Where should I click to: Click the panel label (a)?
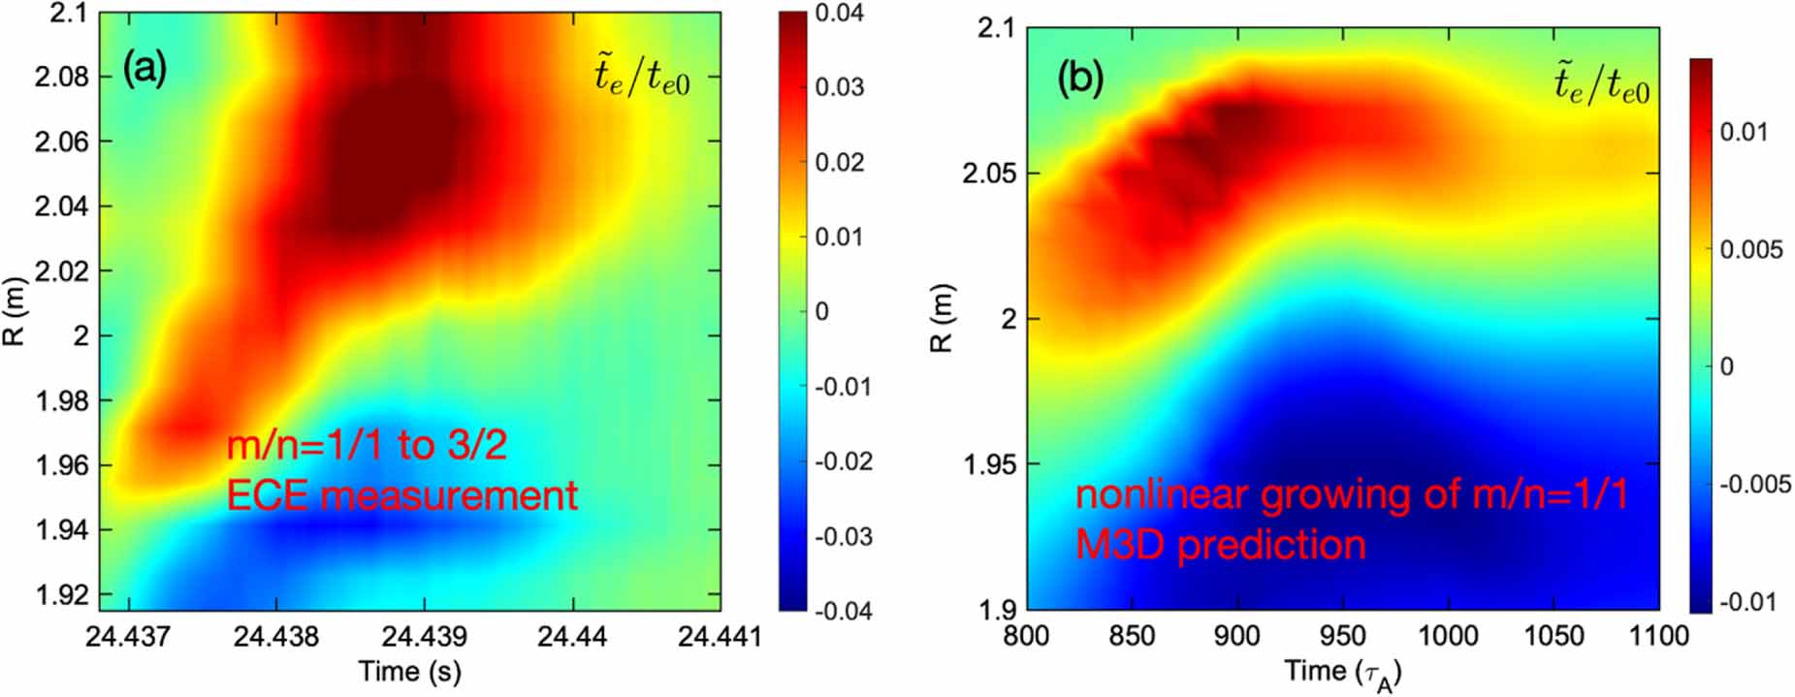coord(144,70)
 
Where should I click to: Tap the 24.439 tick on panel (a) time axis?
coord(424,637)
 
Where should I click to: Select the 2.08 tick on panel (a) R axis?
coord(61,77)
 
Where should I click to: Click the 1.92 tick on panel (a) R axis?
coord(61,594)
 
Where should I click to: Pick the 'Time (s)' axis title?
coord(409,671)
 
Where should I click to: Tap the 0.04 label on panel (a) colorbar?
coord(839,13)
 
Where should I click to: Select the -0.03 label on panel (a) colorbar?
coord(843,536)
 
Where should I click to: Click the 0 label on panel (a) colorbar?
coord(821,311)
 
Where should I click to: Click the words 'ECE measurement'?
coord(401,495)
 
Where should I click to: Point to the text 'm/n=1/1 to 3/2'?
coord(367,445)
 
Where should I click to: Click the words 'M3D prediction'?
coord(1220,545)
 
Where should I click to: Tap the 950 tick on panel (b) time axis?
coord(1342,637)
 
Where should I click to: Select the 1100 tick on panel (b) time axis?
coord(1658,637)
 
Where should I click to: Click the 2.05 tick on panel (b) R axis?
coord(989,174)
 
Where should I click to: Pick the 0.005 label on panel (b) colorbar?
coord(1751,250)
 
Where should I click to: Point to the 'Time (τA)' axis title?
coord(1342,673)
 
